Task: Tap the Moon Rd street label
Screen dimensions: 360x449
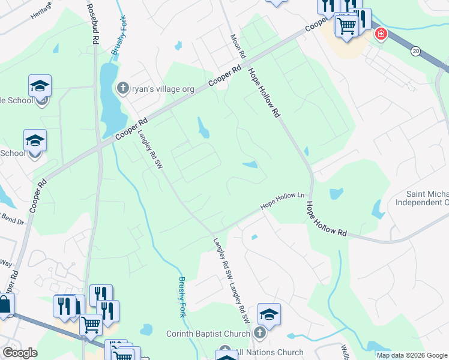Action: tap(238, 46)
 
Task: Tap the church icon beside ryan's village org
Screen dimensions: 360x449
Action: tap(122, 88)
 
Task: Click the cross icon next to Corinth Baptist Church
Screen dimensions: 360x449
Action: tap(260, 332)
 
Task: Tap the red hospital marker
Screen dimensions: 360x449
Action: tap(381, 34)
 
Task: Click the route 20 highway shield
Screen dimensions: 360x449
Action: tap(415, 52)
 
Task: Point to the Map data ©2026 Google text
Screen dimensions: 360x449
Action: tap(412, 355)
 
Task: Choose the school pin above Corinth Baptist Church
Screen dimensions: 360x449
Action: tap(269, 314)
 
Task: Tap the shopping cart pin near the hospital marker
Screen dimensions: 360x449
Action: tap(346, 25)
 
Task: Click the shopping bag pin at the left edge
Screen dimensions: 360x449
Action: tap(5, 305)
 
